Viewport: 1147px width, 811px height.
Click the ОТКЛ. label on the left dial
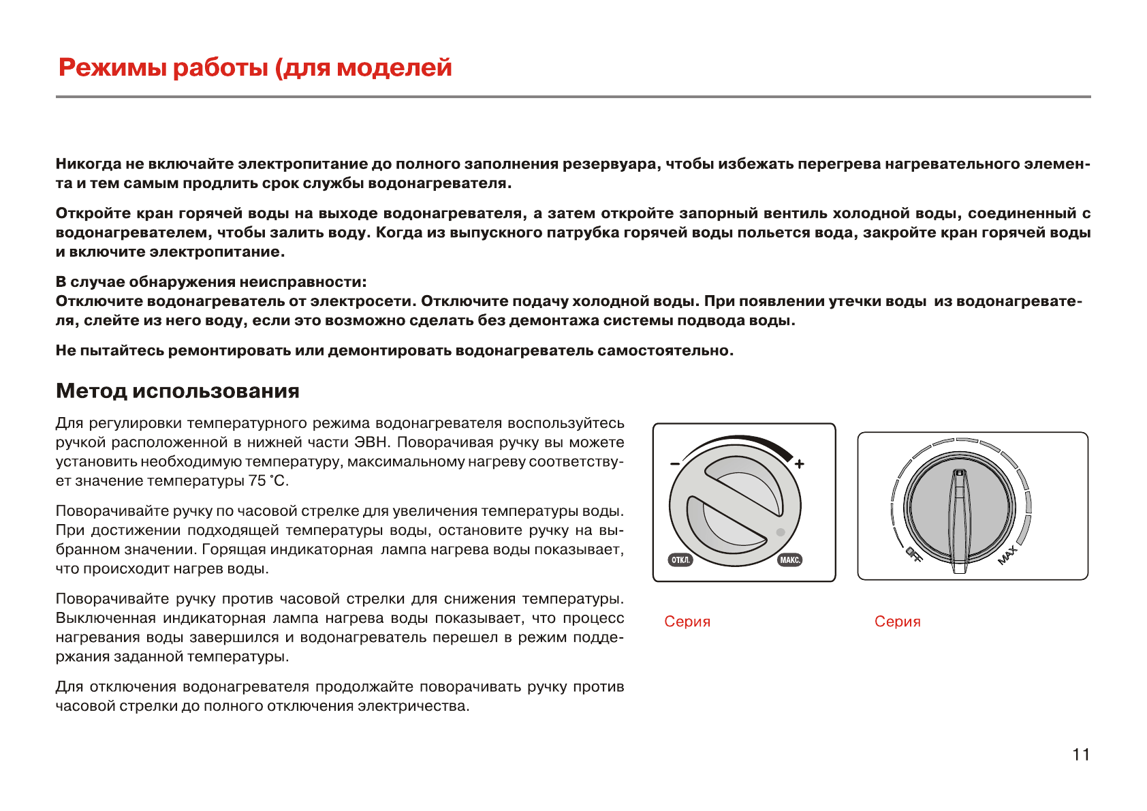tap(680, 560)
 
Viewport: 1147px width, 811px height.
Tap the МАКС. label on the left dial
tap(790, 560)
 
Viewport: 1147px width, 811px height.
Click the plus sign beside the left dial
tap(800, 463)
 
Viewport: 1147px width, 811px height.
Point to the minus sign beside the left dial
tap(674, 463)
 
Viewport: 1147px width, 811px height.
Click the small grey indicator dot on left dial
tap(781, 532)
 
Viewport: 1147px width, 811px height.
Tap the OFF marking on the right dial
tap(914, 555)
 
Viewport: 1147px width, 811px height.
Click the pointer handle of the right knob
tap(959, 518)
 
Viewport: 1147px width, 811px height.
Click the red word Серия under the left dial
tap(687, 622)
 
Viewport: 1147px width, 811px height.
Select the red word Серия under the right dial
tap(897, 622)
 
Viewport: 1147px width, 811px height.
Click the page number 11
tap(1081, 754)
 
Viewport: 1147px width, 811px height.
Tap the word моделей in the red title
tap(394, 68)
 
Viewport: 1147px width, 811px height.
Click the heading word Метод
tap(91, 391)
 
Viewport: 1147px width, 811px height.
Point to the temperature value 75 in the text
tap(257, 480)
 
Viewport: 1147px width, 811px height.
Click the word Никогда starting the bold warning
tap(89, 164)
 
